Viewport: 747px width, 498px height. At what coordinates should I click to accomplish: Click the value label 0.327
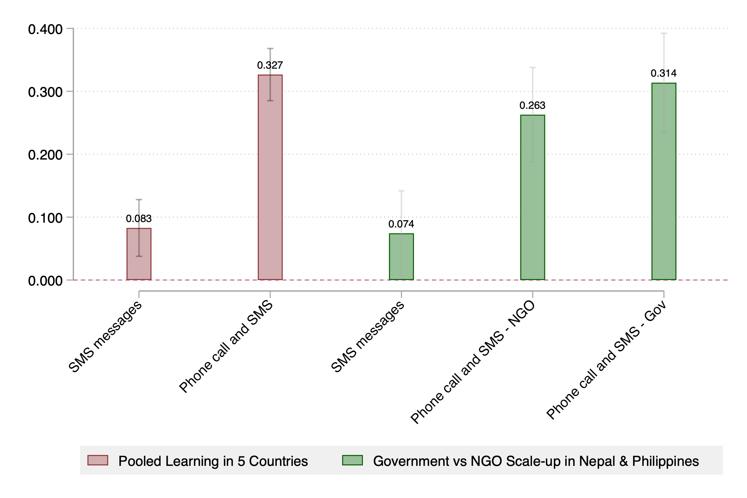pos(270,65)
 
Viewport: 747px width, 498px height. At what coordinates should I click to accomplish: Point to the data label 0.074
pos(401,224)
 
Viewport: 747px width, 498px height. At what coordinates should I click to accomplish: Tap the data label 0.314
pos(664,73)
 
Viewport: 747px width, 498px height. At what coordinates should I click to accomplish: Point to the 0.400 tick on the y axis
pos(45,29)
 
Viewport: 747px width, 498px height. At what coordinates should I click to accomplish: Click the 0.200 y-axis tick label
pos(45,155)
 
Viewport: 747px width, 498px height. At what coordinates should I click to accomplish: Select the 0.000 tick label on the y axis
pos(45,281)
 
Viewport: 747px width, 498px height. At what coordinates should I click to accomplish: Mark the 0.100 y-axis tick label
pos(45,218)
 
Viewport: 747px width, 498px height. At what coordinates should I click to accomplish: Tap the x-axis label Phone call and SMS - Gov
pos(606,360)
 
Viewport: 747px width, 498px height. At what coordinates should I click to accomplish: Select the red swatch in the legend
pos(98,460)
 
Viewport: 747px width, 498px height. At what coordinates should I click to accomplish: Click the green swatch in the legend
pos(352,460)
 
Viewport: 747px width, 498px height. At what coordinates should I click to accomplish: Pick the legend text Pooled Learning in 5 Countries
pos(213,461)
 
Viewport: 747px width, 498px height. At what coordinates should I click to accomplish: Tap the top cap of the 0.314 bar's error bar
pos(664,33)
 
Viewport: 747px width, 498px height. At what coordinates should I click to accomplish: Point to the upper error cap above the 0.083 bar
pos(139,199)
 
